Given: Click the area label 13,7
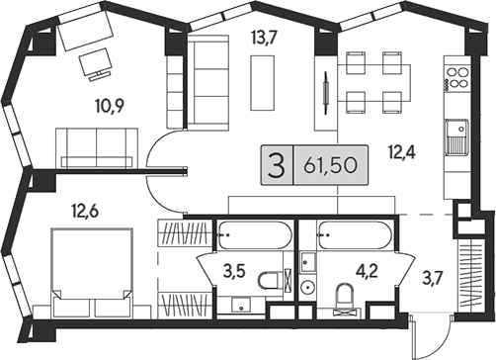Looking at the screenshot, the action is tap(263, 38).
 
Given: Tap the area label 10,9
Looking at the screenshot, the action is tap(110, 106).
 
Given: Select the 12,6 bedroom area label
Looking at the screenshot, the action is tap(85, 211).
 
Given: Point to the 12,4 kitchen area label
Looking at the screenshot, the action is tap(401, 152).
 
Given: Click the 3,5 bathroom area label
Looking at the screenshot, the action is tap(234, 272).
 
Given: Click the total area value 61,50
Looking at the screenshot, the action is tap(330, 165).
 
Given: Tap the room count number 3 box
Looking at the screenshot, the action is tap(277, 165).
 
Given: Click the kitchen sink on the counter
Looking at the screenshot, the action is tap(456, 136).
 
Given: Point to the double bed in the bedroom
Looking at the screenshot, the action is tap(92, 272).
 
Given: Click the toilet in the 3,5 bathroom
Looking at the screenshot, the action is tap(270, 281).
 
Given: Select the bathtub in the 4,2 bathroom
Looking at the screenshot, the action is tap(354, 235).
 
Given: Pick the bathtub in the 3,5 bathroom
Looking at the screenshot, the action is tap(255, 235).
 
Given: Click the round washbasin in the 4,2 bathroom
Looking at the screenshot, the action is tap(308, 287).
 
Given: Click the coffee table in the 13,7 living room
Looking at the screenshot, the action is tap(263, 83).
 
